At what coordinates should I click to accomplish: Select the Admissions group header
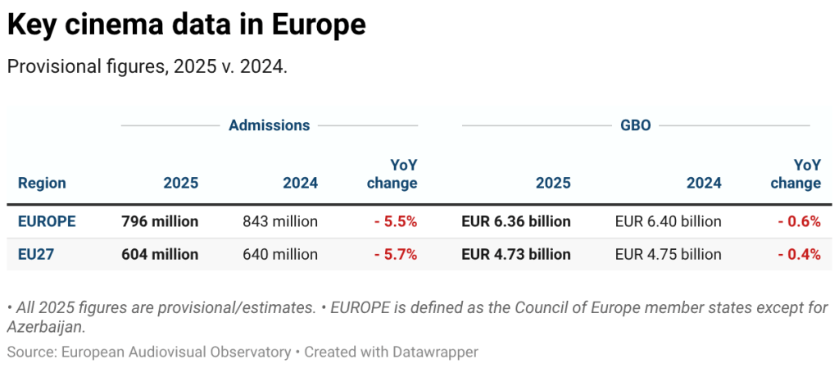click(269, 125)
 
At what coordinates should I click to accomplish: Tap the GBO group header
click(636, 125)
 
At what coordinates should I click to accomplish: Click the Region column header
click(42, 183)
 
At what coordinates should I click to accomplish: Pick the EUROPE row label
click(47, 221)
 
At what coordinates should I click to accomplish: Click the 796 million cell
click(160, 221)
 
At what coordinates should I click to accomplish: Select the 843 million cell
click(280, 221)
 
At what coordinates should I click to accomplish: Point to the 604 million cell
click(160, 254)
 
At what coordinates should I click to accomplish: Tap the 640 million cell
click(280, 254)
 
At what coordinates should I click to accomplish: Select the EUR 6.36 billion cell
click(516, 221)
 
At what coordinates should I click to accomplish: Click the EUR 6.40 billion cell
click(668, 221)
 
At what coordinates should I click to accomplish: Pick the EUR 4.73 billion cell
click(516, 254)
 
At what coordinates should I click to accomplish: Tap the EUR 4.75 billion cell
click(668, 254)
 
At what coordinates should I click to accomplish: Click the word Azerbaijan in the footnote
click(45, 327)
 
